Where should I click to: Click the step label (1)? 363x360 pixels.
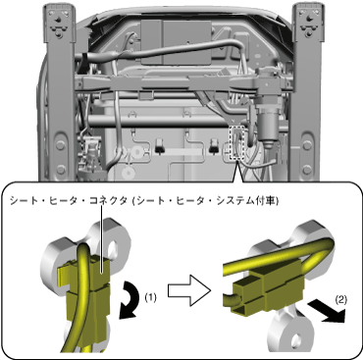click(x=150, y=298)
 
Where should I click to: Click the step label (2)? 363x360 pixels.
click(x=341, y=299)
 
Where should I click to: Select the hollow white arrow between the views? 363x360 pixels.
click(x=189, y=290)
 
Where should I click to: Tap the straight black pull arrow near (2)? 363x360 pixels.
click(x=327, y=312)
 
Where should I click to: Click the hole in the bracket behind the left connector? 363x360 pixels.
click(x=114, y=248)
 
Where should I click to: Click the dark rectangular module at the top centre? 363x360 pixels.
click(x=177, y=41)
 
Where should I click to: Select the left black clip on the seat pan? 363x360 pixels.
click(x=160, y=145)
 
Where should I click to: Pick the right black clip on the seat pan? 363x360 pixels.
click(x=214, y=145)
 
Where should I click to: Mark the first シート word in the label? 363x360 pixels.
click(x=21, y=200)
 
